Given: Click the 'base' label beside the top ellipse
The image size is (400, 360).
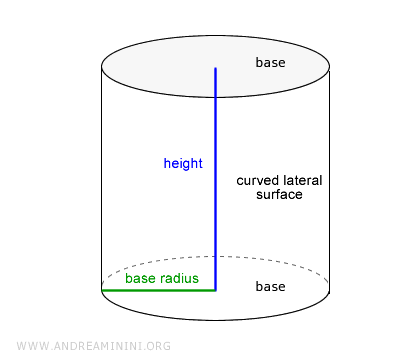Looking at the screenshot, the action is tap(270, 63).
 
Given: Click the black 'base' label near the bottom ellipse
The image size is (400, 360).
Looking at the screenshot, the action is tap(270, 287).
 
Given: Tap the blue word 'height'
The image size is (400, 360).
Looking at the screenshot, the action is tap(183, 162).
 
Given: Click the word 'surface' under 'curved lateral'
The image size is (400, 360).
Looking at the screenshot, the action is tap(280, 195).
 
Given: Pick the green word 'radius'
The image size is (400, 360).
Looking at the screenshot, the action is tap(178, 277).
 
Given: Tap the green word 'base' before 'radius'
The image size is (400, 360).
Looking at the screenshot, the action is tap(141, 277).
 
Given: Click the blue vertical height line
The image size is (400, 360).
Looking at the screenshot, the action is tap(215, 200).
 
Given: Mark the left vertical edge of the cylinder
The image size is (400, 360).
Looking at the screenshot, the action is tap(102, 180).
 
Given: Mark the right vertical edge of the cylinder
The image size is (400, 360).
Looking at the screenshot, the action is tap(328, 180).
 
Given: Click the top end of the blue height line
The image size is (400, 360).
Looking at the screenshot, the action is tap(215, 68).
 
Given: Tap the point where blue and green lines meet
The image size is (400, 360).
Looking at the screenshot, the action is tap(215, 290).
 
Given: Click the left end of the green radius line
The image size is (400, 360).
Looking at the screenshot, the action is tap(103, 290).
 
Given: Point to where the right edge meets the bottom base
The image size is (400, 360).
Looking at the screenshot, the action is tap(328, 290).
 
